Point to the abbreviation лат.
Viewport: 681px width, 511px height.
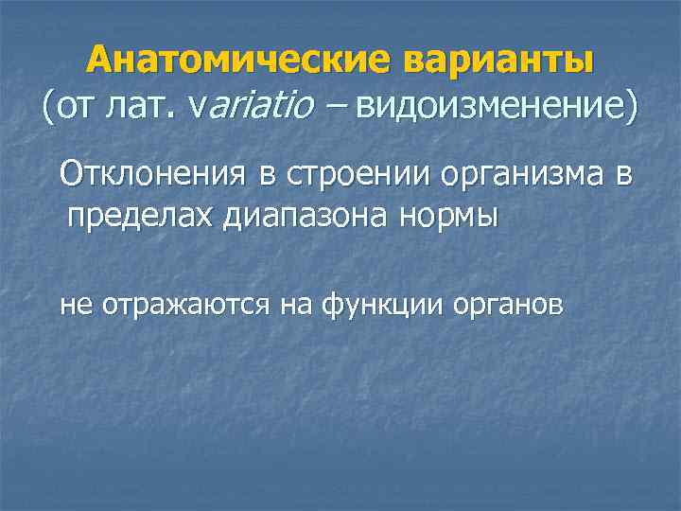tap(142, 107)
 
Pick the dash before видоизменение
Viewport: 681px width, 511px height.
tap(331, 107)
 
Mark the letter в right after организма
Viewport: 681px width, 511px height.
tap(620, 175)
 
